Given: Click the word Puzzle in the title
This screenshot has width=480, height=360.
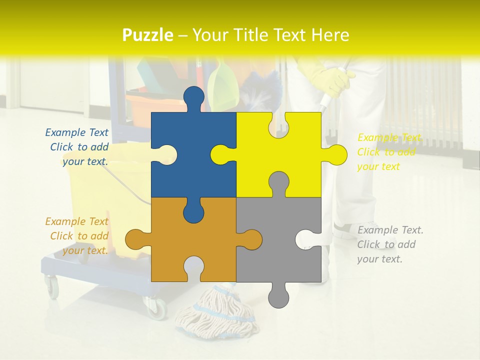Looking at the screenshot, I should tap(148, 35).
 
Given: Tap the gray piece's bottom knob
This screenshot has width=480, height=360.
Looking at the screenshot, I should tap(279, 296).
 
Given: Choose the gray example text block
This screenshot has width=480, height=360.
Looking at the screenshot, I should tap(390, 244).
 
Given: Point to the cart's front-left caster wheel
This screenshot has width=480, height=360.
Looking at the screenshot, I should tap(51, 287).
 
